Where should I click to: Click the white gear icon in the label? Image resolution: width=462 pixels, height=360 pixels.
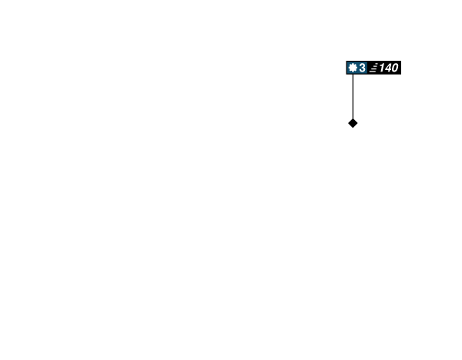coord(353,68)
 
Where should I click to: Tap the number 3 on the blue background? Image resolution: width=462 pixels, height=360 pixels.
coord(362,68)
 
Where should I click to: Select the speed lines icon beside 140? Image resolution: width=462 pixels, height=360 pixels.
coord(373,68)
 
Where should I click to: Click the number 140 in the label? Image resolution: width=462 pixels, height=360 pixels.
coord(388,68)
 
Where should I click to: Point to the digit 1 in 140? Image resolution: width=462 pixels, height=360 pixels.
coord(381,68)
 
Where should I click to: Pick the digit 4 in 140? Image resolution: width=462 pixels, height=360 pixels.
coord(387,68)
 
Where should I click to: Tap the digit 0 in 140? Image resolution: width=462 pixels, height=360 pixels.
coord(394,68)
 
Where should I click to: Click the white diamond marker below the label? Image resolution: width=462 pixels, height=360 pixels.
coord(353,123)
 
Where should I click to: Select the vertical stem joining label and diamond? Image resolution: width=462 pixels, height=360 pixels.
coord(353,96)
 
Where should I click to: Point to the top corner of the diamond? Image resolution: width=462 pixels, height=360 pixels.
coord(353,117)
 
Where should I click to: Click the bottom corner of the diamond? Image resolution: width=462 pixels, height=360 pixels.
coord(353,129)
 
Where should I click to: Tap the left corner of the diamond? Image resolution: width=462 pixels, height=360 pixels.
coord(346,123)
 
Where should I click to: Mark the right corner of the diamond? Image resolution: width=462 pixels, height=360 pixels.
coord(359,123)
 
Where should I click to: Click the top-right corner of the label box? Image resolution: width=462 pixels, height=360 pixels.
coord(402,60)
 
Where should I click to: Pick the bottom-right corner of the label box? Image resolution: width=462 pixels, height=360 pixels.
coord(402,75)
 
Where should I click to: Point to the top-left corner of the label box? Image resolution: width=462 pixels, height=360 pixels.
coord(345,60)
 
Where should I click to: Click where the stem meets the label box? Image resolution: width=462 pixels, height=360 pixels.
coord(353,75)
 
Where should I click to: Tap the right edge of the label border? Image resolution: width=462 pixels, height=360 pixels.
coord(402,68)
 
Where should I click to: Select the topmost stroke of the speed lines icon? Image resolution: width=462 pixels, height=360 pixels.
coord(375,65)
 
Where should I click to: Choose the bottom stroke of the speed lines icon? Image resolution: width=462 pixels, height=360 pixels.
coord(373,72)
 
